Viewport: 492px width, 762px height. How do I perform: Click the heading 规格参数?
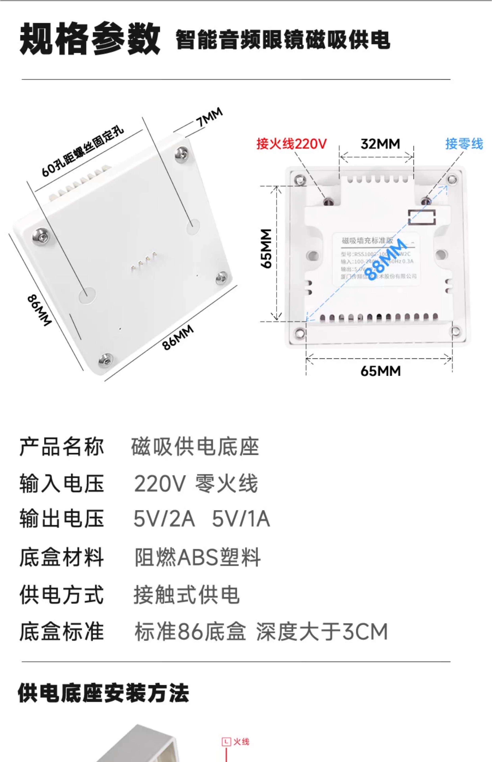click(x=90, y=39)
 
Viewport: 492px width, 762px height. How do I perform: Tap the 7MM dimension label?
click(x=209, y=118)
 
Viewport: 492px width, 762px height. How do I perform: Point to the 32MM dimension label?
click(x=380, y=144)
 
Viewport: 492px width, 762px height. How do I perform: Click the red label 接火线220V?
click(x=291, y=144)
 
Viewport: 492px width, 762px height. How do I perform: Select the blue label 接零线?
click(x=464, y=144)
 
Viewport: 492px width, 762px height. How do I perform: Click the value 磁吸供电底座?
click(x=195, y=447)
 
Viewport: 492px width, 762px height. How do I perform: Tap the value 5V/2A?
click(x=164, y=519)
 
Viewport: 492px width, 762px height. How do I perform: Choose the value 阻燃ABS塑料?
click(x=197, y=558)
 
